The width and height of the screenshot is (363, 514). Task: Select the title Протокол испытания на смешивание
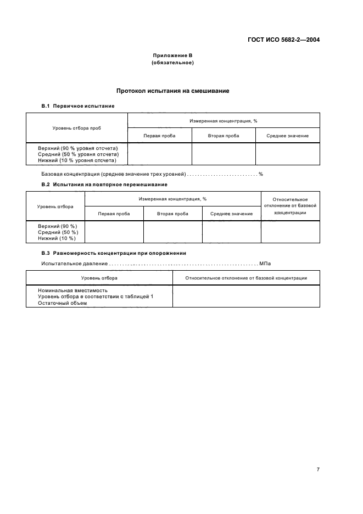[172, 91]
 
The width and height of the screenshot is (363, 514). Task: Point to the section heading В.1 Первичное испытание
[78, 105]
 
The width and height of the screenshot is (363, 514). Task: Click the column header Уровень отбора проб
[77, 127]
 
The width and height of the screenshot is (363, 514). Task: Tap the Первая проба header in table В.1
[159, 136]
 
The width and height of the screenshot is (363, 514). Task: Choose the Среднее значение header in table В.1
[287, 136]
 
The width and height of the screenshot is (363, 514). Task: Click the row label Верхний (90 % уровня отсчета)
[82, 148]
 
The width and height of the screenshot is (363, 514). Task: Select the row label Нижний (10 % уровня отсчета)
[77, 160]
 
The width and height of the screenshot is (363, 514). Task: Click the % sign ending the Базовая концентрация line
[261, 174]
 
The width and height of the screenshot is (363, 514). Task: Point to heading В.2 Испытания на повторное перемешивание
[104, 185]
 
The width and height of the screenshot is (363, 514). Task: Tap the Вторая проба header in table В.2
[172, 214]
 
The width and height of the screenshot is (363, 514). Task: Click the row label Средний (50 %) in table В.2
[58, 232]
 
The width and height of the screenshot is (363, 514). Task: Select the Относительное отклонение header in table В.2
[290, 206]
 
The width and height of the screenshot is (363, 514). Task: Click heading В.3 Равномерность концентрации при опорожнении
[114, 253]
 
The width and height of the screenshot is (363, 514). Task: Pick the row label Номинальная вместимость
[72, 290]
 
